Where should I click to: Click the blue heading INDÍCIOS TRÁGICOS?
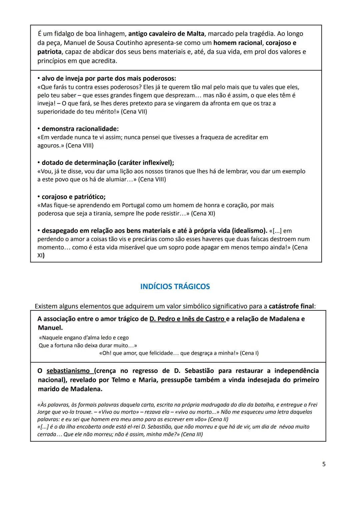click(x=175, y=287)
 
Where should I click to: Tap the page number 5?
click(x=324, y=464)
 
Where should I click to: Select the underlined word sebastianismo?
click(x=68, y=371)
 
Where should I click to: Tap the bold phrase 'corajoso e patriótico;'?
click(x=73, y=197)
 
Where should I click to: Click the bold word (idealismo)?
click(x=249, y=231)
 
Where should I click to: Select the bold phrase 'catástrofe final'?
click(x=291, y=306)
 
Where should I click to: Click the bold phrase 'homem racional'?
click(x=238, y=43)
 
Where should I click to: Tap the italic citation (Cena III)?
click(x=192, y=434)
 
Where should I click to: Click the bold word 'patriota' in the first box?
click(x=49, y=52)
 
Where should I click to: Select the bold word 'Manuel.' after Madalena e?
click(x=50, y=328)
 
